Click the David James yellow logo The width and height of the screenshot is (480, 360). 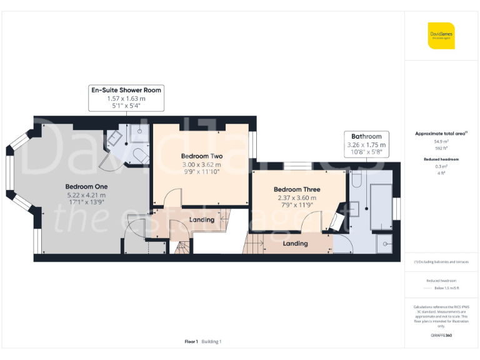441,36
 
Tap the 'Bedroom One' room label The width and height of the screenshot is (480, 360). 86,186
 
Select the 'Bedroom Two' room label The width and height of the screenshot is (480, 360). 202,156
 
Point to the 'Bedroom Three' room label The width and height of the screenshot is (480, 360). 297,189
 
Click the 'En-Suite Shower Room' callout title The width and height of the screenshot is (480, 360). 126,90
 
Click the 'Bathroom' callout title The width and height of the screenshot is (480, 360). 366,136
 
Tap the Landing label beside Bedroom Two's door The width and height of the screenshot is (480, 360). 201,219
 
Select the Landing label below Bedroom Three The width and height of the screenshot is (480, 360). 294,243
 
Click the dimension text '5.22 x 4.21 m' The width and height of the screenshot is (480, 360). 86,195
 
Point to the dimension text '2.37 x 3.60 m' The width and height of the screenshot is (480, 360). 297,197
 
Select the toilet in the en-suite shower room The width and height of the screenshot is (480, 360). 139,154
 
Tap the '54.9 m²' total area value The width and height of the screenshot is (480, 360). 441,142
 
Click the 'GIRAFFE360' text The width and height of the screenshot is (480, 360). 441,336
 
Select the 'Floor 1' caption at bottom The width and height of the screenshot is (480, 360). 191,341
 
